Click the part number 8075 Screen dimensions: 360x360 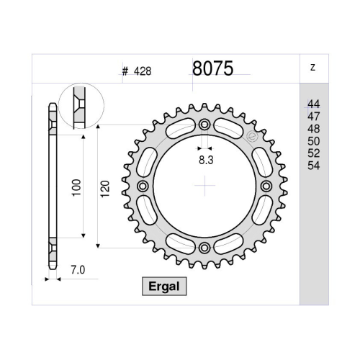tap(212, 68)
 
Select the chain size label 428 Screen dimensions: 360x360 tap(143, 71)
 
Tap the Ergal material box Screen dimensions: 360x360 tap(164, 287)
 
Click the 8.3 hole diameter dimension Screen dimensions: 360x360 tap(206, 160)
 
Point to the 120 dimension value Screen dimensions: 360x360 tap(105, 189)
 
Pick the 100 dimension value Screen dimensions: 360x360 tap(76, 187)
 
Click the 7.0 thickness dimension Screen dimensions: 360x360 tap(78, 270)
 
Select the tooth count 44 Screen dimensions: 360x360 tap(314, 104)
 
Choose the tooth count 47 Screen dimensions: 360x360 tap(314, 117)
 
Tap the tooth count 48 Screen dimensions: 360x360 tap(314, 129)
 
